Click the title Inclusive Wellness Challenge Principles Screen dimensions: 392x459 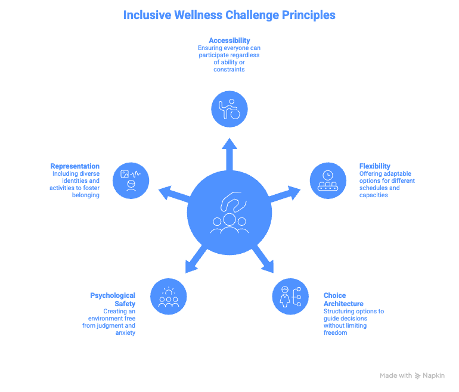pos(229,15)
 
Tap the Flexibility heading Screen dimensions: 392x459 pos(375,166)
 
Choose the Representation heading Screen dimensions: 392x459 pos(75,166)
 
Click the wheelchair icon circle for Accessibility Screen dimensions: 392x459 pos(229,110)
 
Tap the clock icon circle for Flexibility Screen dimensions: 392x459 pos(327,180)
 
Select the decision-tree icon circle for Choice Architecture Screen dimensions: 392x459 pos(290,296)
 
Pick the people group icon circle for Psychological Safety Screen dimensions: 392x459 pos(168,296)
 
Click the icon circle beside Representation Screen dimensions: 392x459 pos(131,180)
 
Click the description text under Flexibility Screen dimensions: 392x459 pos(387,184)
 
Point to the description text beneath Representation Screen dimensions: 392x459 pos(75,184)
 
